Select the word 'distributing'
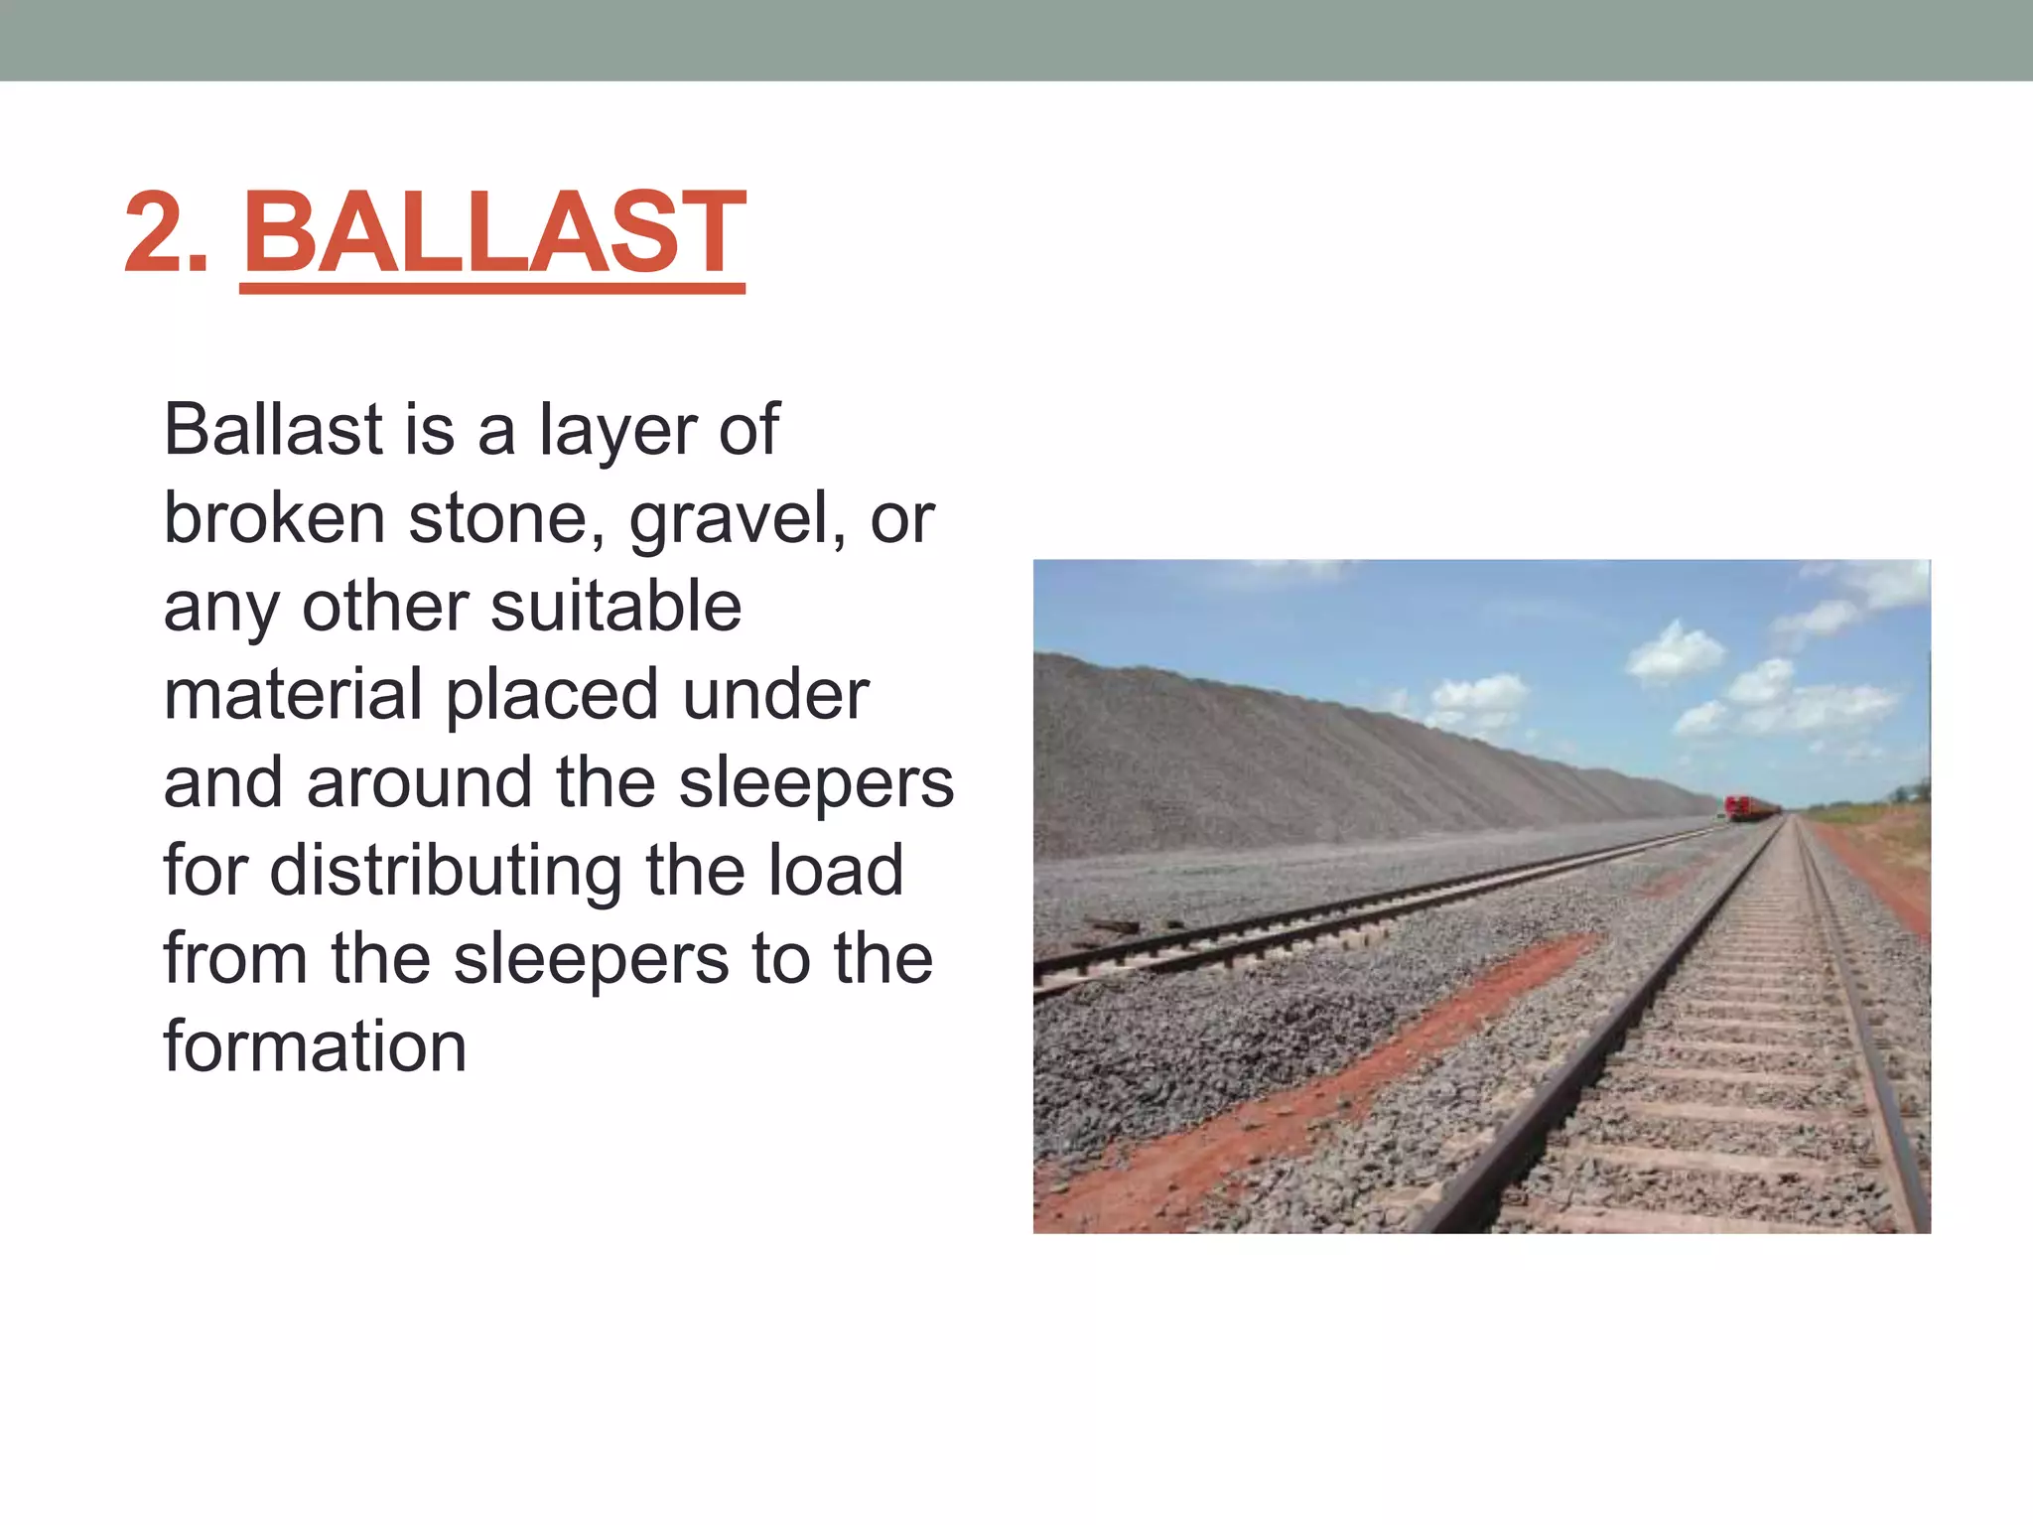[x=447, y=871]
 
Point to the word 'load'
[x=841, y=870]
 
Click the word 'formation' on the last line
[x=315, y=1046]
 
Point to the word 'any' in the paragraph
[x=220, y=609]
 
